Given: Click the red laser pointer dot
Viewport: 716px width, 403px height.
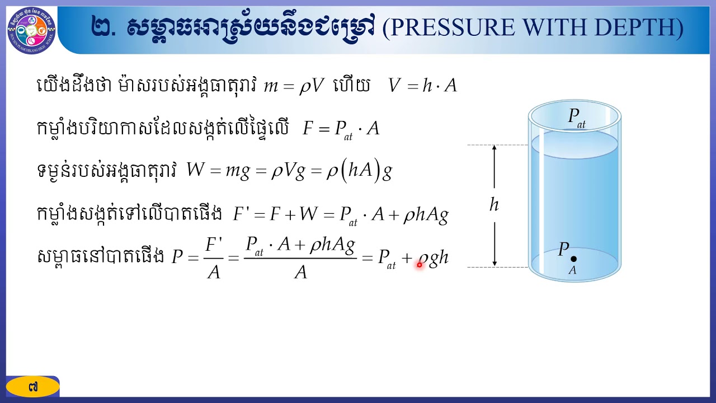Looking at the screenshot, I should (420, 265).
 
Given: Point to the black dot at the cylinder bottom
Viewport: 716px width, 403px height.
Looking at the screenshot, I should (573, 259).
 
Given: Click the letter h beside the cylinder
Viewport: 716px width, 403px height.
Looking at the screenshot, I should (494, 205).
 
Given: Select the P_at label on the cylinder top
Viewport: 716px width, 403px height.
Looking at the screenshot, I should (576, 117).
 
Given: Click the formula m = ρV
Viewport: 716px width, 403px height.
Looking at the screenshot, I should (294, 86).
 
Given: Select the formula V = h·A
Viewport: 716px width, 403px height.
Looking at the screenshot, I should (423, 86).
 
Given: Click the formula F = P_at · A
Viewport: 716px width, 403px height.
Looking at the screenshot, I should (341, 129).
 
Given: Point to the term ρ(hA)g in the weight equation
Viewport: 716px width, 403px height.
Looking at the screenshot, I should (359, 172).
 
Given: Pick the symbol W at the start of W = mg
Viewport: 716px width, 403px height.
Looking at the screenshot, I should (196, 171).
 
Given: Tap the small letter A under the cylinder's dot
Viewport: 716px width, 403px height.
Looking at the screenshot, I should (572, 271).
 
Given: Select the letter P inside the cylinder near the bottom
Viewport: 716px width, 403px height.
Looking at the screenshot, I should (563, 250).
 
